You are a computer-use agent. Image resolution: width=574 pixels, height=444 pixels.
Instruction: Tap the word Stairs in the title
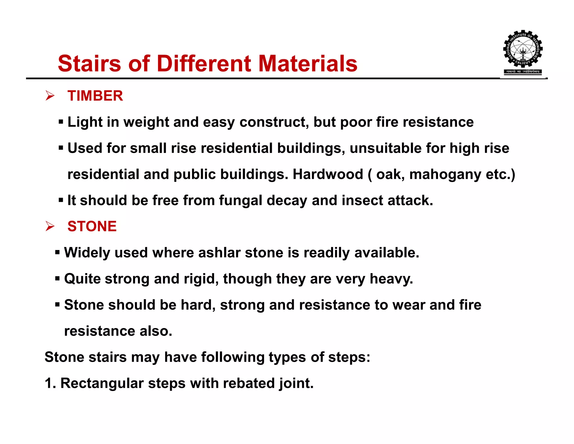tap(89, 63)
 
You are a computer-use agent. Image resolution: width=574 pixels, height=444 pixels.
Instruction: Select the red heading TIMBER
tap(95, 96)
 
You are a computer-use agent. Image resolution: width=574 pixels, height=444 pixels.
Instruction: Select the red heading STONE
tap(92, 226)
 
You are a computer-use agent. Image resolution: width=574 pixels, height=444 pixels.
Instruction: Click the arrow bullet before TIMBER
tap(50, 96)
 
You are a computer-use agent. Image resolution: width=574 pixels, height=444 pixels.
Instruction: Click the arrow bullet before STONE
tap(50, 226)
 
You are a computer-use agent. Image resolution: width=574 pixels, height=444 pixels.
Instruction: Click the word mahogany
tap(445, 175)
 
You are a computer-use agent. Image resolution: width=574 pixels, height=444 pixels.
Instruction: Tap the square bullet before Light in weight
tap(61, 122)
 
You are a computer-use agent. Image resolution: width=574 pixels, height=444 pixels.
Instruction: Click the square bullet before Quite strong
tap(57, 279)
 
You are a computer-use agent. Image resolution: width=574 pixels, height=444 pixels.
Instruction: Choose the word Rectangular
tap(102, 383)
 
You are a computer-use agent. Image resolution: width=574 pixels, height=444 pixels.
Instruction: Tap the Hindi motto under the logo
tap(523, 72)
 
